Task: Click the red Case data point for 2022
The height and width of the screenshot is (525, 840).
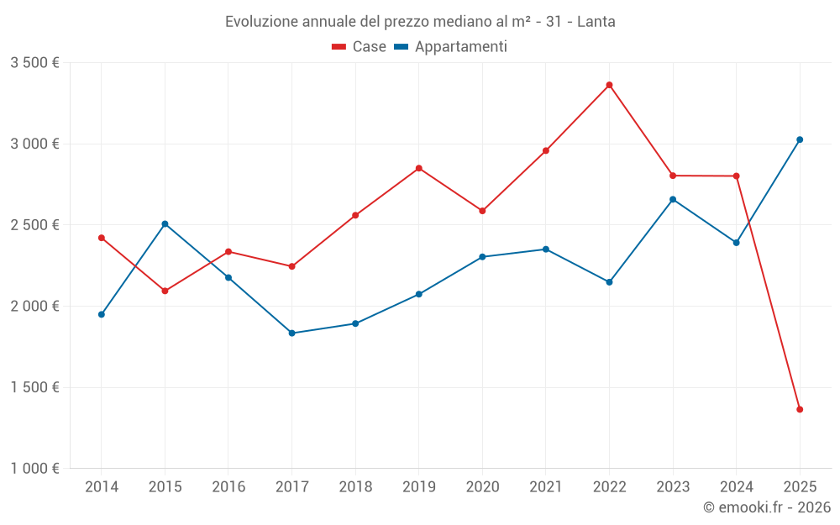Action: pyautogui.click(x=609, y=85)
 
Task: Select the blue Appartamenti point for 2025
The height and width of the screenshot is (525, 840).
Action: pyautogui.click(x=800, y=139)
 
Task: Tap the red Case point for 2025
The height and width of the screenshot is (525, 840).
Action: pyautogui.click(x=800, y=409)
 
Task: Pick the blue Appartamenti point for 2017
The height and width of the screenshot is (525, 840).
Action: pyautogui.click(x=291, y=333)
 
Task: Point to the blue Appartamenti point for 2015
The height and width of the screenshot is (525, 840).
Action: pyautogui.click(x=165, y=223)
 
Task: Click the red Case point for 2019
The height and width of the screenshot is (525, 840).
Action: pyautogui.click(x=418, y=168)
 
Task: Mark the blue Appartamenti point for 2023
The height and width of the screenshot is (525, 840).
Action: pyautogui.click(x=673, y=199)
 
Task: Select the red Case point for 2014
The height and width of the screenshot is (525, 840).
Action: pyautogui.click(x=102, y=238)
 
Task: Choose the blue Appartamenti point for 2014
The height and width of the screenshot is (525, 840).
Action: pyautogui.click(x=102, y=314)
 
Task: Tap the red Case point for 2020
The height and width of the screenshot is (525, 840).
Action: pyautogui.click(x=482, y=211)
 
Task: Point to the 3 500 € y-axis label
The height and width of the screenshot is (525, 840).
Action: pyautogui.click(x=34, y=63)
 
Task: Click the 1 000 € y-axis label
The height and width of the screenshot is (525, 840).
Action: pyautogui.click(x=34, y=469)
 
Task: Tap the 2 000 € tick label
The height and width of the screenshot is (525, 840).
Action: pyautogui.click(x=34, y=307)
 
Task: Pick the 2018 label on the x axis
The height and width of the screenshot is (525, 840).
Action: pyautogui.click(x=355, y=486)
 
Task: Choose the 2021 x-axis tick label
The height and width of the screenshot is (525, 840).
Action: pyautogui.click(x=546, y=486)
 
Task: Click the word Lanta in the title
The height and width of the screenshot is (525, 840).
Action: pyautogui.click(x=596, y=22)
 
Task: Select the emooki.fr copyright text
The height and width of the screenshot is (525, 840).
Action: pyautogui.click(x=766, y=507)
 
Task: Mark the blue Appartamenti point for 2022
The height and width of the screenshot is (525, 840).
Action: pyautogui.click(x=609, y=282)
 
